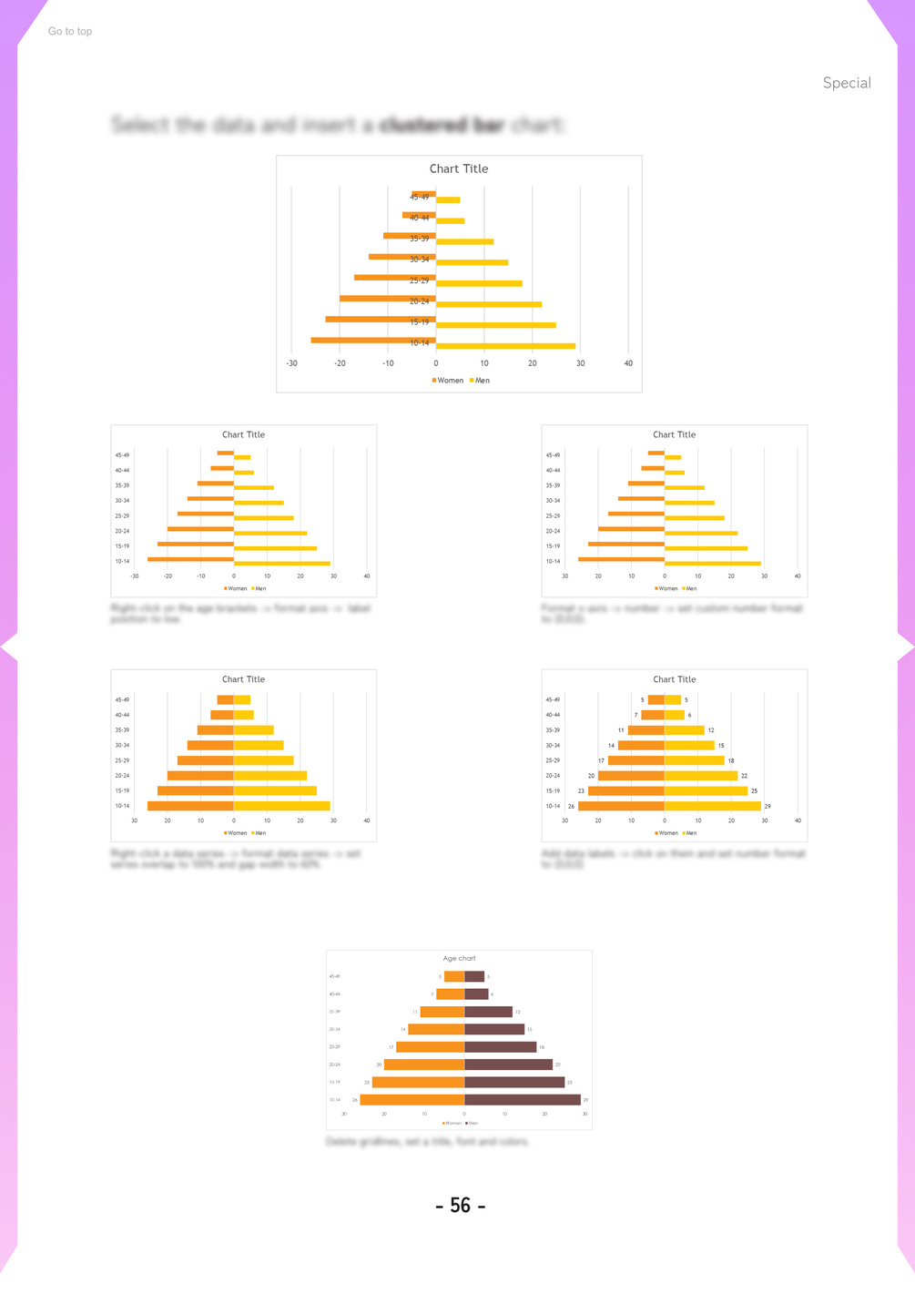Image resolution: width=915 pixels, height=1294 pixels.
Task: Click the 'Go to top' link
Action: tap(70, 31)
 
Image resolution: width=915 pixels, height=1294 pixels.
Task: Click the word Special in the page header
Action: tap(847, 83)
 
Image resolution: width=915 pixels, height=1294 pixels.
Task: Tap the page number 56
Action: tap(461, 1206)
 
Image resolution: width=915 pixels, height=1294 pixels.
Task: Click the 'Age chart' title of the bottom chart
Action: tap(459, 958)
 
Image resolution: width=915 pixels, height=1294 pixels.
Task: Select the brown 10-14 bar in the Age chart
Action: tap(522, 1100)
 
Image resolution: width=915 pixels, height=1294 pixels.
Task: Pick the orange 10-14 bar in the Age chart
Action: tap(412, 1100)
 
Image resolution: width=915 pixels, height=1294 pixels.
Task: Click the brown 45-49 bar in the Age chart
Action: tap(474, 976)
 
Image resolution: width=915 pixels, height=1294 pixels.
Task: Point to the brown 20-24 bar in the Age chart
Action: tap(508, 1065)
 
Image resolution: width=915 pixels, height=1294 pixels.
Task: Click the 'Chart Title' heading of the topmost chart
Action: tap(459, 168)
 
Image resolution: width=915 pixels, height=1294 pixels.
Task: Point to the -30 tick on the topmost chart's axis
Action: tap(291, 363)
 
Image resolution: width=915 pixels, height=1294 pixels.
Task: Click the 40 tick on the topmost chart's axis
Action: tap(628, 363)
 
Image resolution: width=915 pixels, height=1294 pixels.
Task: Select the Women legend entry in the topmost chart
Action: tap(448, 381)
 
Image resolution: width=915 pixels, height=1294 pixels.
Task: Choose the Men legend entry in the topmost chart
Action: tap(480, 381)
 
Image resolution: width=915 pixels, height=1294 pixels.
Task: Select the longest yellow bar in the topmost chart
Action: tap(505, 346)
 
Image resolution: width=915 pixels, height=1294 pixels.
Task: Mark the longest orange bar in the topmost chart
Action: tap(373, 340)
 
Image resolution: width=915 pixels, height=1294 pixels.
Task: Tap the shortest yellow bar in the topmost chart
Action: tap(448, 200)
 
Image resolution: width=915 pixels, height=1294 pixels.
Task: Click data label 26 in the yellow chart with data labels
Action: tap(572, 806)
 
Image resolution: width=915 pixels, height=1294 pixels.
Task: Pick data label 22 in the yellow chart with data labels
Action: tap(744, 776)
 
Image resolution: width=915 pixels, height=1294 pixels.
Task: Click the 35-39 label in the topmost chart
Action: tap(419, 239)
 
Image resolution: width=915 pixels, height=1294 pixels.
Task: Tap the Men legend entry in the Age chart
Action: tap(472, 1123)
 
